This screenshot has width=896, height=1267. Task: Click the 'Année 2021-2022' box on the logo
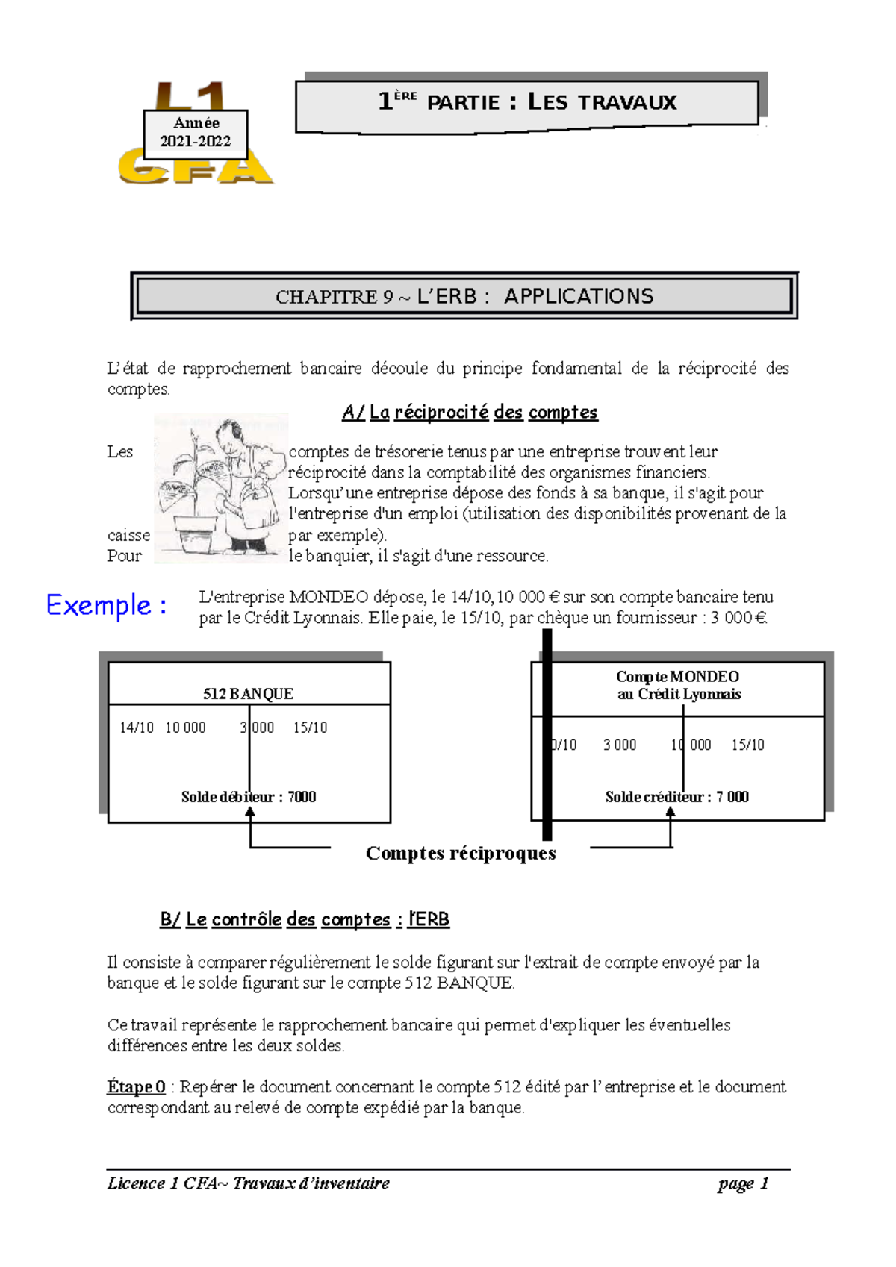196,133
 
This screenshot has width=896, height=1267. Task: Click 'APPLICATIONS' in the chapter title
579,296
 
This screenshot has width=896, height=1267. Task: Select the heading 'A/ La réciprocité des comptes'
470,412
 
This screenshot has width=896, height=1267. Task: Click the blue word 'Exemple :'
106,604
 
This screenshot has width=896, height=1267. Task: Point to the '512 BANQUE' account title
248,694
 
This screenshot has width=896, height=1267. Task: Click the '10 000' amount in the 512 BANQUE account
185,728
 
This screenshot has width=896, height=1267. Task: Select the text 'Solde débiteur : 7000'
248,797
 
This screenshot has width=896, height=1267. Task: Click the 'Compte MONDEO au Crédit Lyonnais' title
678,685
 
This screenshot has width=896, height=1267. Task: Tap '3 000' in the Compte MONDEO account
620,745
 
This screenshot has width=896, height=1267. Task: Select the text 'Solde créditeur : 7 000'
676,797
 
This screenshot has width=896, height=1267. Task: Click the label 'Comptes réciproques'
461,853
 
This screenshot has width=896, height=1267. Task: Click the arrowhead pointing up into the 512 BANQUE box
250,813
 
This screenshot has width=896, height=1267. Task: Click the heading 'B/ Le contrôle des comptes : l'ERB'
305,919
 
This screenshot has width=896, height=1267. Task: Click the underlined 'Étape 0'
136,1086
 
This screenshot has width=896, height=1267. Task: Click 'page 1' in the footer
743,1183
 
